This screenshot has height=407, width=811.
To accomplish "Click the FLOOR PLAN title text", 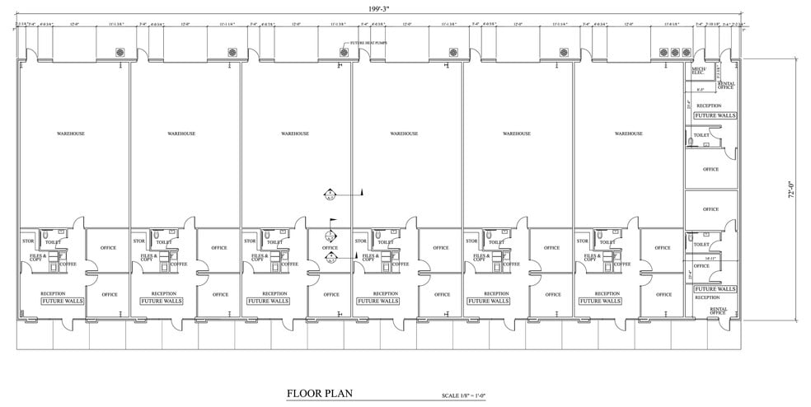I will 320,393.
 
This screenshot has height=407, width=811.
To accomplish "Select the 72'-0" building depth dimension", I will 792,191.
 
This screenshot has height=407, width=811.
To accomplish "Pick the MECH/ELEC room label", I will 697,72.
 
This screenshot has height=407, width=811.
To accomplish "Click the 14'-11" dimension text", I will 699,257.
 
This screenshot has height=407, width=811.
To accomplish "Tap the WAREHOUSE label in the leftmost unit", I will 71,133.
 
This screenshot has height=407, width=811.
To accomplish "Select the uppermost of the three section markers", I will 330,194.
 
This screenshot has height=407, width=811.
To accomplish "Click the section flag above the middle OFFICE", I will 332,221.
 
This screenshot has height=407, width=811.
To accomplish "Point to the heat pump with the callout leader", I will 344,53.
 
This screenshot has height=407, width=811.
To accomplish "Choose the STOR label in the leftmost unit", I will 26,241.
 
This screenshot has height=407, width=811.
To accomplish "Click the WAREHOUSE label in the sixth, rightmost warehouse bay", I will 629,133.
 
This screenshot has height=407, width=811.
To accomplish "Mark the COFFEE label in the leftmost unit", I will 68,264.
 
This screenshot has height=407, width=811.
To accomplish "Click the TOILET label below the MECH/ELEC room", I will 701,135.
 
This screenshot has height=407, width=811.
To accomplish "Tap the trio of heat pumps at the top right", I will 675,53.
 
